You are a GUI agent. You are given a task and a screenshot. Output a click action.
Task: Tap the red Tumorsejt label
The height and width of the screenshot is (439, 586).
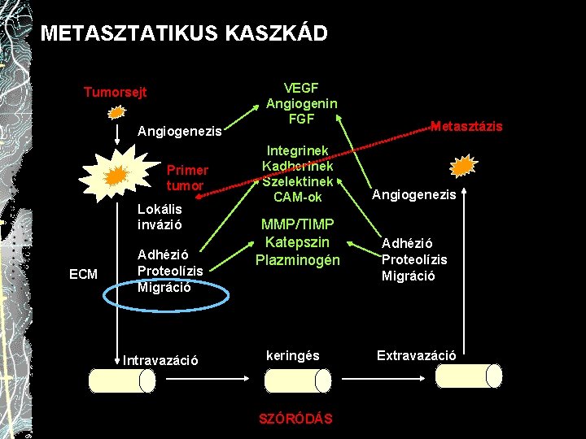(x=115, y=92)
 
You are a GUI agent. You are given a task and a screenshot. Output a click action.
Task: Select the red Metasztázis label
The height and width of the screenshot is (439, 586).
(x=466, y=126)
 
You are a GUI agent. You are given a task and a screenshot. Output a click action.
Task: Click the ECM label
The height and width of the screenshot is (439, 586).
(x=83, y=275)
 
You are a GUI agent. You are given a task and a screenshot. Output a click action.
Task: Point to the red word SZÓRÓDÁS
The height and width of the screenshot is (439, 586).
(x=295, y=418)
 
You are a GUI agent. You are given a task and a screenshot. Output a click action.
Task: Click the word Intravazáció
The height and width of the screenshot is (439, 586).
(x=160, y=359)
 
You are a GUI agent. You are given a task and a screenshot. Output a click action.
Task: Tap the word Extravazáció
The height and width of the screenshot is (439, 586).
(x=416, y=355)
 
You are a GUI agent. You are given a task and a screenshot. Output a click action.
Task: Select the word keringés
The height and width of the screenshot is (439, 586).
(x=293, y=355)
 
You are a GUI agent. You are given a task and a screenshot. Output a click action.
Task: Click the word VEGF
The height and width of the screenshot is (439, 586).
(x=301, y=88)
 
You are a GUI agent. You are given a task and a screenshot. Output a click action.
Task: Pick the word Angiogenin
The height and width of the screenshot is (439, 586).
(x=301, y=103)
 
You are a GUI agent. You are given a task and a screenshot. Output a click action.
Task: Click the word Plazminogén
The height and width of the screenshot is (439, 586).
(x=297, y=260)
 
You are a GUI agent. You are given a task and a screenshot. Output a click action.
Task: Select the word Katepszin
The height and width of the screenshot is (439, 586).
(x=297, y=242)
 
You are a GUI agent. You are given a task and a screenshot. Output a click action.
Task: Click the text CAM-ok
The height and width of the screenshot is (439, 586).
(x=298, y=197)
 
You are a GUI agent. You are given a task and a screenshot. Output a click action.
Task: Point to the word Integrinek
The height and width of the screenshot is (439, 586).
(x=298, y=150)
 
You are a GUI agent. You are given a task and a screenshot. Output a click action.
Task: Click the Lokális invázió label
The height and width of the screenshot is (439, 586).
(x=160, y=215)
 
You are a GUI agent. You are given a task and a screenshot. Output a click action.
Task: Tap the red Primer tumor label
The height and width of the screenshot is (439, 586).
(x=186, y=177)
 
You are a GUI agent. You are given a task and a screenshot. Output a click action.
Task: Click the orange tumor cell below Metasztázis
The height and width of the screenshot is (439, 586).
(x=462, y=167)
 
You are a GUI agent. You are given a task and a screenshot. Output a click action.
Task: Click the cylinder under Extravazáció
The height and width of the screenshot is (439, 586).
(x=469, y=376)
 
